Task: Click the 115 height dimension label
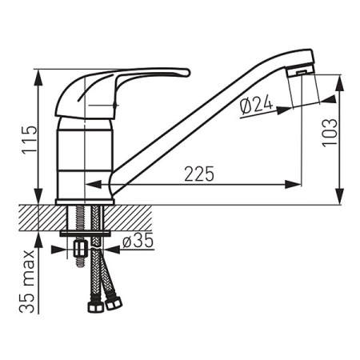point(30,138)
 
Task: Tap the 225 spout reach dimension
point(199,174)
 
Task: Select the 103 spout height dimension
point(330,132)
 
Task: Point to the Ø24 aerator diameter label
point(257,106)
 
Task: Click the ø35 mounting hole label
point(138,240)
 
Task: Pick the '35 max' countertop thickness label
point(27,282)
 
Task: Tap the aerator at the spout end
point(301,71)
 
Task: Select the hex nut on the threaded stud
point(80,249)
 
